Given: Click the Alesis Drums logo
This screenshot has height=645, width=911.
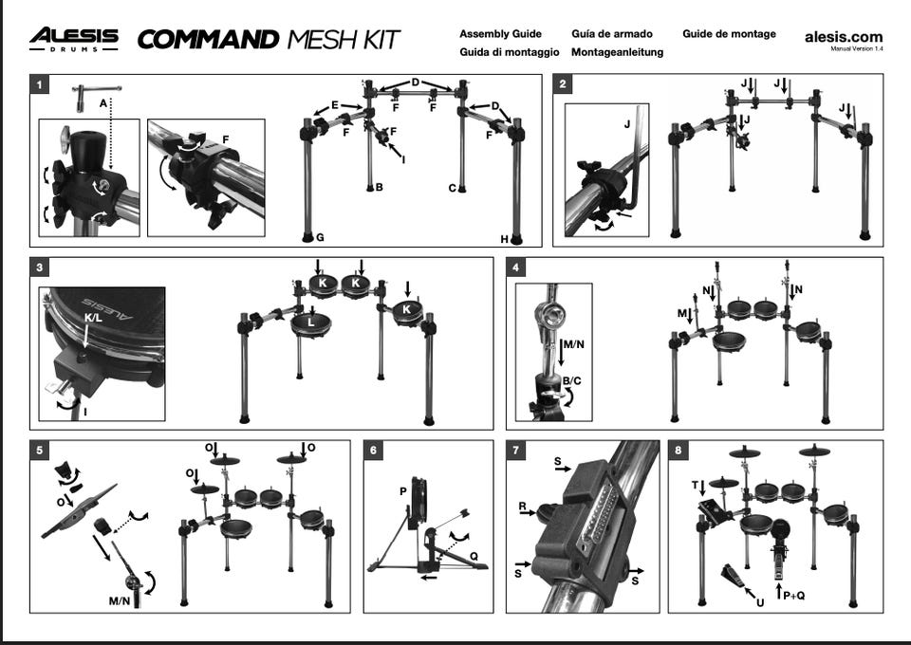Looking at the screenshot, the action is pyautogui.click(x=74, y=39).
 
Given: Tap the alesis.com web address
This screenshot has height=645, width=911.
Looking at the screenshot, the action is pyautogui.click(x=844, y=37).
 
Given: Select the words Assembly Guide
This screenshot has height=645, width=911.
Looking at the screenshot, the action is pyautogui.click(x=500, y=33).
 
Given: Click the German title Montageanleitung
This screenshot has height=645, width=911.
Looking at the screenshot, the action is pyautogui.click(x=617, y=52).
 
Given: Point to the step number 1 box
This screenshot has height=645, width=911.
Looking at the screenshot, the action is pyautogui.click(x=39, y=84).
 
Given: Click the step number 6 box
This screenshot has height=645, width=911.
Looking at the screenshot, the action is pyautogui.click(x=373, y=450).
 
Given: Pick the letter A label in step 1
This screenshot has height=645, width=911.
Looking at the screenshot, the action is pyautogui.click(x=102, y=103).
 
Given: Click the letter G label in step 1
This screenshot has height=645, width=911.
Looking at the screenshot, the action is pyautogui.click(x=320, y=237).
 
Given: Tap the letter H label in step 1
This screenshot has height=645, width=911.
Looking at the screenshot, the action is pyautogui.click(x=504, y=239).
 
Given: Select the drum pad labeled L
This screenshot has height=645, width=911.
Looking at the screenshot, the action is pyautogui.click(x=311, y=325).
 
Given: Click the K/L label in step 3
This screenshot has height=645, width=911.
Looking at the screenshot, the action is pyautogui.click(x=94, y=318).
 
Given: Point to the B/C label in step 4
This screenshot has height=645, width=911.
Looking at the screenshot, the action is pyautogui.click(x=571, y=381).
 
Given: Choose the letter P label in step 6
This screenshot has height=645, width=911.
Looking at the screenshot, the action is pyautogui.click(x=402, y=491).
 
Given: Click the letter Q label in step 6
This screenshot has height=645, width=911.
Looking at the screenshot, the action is pyautogui.click(x=474, y=556).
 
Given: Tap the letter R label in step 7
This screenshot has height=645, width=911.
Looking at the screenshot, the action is pyautogui.click(x=522, y=507).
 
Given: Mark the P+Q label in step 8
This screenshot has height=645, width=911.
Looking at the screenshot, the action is pyautogui.click(x=794, y=595).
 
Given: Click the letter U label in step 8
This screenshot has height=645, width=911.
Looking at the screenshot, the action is pyautogui.click(x=760, y=602).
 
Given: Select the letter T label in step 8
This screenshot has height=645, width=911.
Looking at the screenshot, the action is pyautogui.click(x=695, y=485).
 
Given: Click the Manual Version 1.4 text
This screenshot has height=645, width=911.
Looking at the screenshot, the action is pyautogui.click(x=857, y=48).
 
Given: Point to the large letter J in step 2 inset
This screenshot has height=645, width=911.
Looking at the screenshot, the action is pyautogui.click(x=627, y=123).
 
